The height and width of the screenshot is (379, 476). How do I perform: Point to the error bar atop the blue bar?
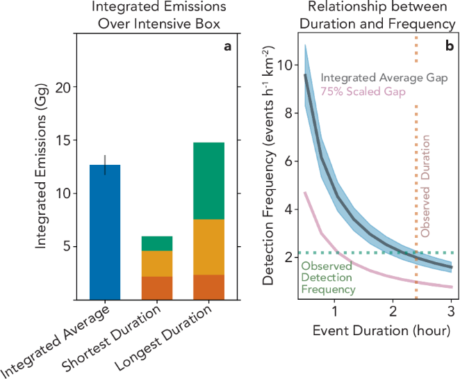click(105, 165)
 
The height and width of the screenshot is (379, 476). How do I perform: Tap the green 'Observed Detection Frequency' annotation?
click(328, 277)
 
